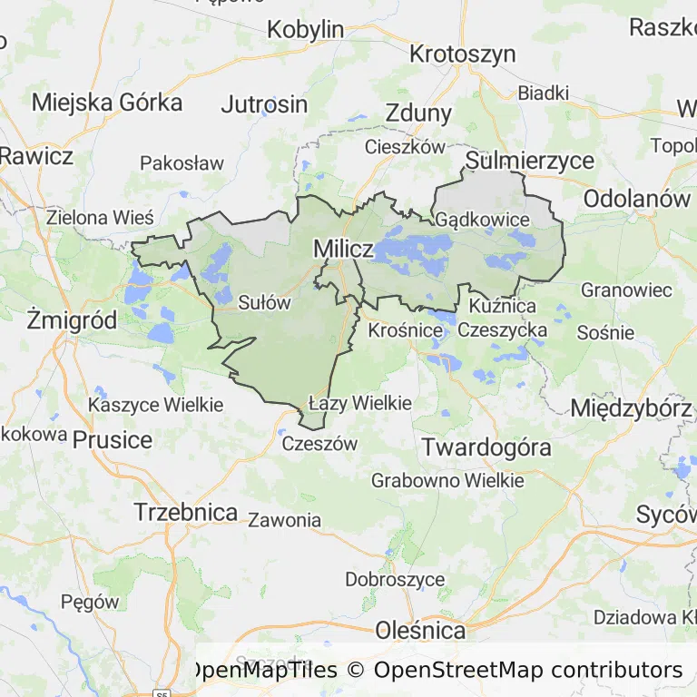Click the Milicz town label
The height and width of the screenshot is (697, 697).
(x=343, y=249)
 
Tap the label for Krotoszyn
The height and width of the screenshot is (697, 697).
(x=462, y=54)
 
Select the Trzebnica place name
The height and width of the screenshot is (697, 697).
(x=186, y=512)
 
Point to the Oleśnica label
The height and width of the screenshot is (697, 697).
(x=420, y=630)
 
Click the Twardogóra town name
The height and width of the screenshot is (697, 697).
(x=487, y=447)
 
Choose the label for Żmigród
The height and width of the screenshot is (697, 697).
(x=72, y=319)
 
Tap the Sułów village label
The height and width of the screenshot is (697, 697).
(x=264, y=303)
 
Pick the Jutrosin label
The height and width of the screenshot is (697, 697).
(x=264, y=103)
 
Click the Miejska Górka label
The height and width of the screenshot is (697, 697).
(x=107, y=102)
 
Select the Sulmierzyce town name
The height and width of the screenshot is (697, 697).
(x=530, y=162)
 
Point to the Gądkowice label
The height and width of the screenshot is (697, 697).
(x=482, y=220)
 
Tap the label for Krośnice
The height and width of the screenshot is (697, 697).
(x=405, y=330)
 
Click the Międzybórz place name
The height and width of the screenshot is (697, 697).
(x=631, y=408)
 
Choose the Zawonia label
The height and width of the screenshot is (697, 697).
(x=284, y=520)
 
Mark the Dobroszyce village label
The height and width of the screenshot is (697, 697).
(x=395, y=579)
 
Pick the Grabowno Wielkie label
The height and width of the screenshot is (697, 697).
(x=447, y=480)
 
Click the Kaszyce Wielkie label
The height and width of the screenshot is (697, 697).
(x=156, y=405)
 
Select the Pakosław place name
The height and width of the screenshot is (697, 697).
(x=182, y=163)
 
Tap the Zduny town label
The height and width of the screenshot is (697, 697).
(x=418, y=113)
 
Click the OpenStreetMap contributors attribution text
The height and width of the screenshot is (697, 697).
(x=527, y=671)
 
